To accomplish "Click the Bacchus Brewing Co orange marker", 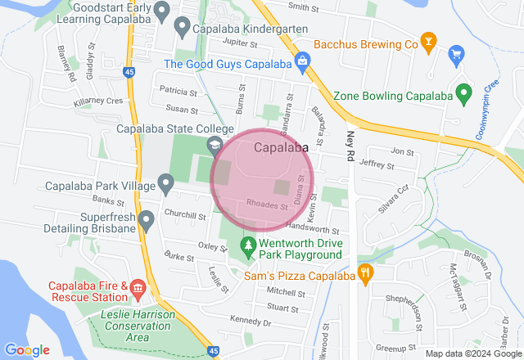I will pos(427,40).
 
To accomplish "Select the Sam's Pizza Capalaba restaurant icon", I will pos(365,272).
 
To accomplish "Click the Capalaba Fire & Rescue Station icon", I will pos(137,288).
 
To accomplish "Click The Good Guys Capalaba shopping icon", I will pos(302,61).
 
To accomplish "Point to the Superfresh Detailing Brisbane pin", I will pos(147,219).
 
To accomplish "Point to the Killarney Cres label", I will pos(97,101).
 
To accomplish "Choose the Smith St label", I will pos(303,7).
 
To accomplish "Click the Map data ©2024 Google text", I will pos(472,354).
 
